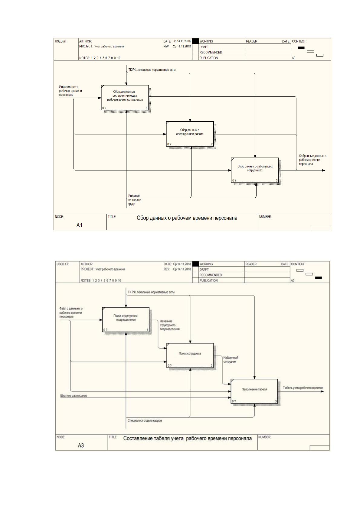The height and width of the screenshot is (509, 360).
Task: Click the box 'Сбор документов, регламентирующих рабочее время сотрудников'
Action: pyautogui.click(x=125, y=98)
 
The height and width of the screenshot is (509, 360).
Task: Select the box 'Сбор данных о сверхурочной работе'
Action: pyautogui.click(x=190, y=134)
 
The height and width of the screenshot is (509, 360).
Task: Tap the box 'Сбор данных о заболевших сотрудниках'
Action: pyautogui.click(x=255, y=170)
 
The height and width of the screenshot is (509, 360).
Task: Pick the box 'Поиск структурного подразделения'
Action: pyautogui.click(x=126, y=320)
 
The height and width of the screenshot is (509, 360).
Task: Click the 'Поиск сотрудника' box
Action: pyautogui.click(x=190, y=355)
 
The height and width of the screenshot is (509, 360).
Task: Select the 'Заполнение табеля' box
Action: pyautogui.click(x=254, y=391)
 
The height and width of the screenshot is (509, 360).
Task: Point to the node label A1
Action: pyautogui.click(x=79, y=225)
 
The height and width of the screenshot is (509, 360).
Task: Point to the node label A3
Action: pyautogui.click(x=81, y=446)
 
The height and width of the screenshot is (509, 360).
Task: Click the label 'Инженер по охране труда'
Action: pyautogui.click(x=134, y=200)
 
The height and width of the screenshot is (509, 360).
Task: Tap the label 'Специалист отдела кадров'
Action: pyautogui.click(x=145, y=421)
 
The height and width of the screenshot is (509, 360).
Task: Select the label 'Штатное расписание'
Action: pyautogui.click(x=74, y=396)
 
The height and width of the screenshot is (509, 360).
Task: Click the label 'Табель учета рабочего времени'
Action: pyautogui.click(x=303, y=388)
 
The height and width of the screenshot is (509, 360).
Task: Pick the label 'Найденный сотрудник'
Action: pyautogui.click(x=231, y=359)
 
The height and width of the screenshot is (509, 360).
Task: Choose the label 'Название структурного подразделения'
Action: pyautogui.click(x=169, y=325)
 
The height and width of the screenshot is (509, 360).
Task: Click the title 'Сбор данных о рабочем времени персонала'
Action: pyautogui.click(x=187, y=218)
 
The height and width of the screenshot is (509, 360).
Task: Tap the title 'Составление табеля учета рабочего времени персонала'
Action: pyautogui.click(x=187, y=439)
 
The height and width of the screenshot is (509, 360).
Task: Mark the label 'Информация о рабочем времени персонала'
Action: pyautogui.click(x=70, y=91)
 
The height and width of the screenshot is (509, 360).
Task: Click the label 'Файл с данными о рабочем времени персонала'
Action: pyautogui.click(x=71, y=313)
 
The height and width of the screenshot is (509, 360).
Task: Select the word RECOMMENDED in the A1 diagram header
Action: pyautogui.click(x=211, y=52)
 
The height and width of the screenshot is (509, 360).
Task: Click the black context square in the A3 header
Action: pyautogui.click(x=318, y=278)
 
